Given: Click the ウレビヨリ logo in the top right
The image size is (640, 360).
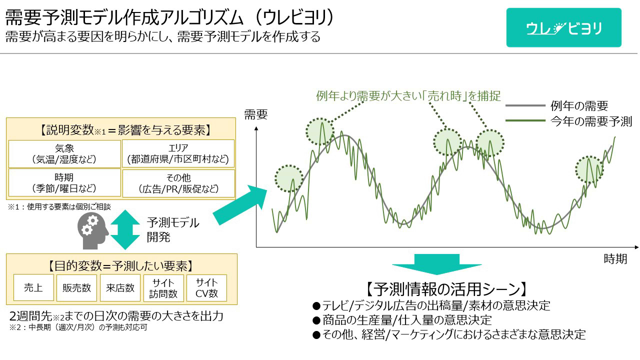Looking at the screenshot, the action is pos(563,27).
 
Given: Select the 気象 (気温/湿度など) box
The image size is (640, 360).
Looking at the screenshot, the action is pos(64,153).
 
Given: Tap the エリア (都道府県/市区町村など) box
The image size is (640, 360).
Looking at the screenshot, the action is pos(178,153).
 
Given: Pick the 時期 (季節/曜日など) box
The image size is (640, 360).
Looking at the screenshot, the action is pos(64,182).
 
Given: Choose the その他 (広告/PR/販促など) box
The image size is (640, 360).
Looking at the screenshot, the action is pos(178,183).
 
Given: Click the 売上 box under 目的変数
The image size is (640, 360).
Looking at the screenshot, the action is pos(33,287).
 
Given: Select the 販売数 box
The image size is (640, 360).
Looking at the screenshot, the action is pos(76,287).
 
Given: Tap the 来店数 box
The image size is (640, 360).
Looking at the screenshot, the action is pos(120,287).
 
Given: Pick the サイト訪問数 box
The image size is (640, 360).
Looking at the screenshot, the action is pos(163,288).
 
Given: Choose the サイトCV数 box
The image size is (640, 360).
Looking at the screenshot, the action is pos(206,288).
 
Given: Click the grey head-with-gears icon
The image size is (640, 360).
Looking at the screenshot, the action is pos(92,231).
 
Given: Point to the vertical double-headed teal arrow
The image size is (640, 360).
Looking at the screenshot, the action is pos(125,229).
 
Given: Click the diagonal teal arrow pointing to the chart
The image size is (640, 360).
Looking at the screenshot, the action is pos(240,205).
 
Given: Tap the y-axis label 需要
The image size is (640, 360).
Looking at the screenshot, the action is pos(255,114).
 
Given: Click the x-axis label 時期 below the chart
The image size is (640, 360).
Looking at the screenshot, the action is pos(615,259).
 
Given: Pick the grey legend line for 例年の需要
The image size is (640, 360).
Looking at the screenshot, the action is pos(525,105).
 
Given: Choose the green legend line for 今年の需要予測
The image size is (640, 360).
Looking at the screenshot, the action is pos(525,120).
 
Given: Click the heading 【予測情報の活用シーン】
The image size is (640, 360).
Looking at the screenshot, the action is pos(446,289).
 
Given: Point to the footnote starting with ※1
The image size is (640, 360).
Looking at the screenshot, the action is pos(59,206).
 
